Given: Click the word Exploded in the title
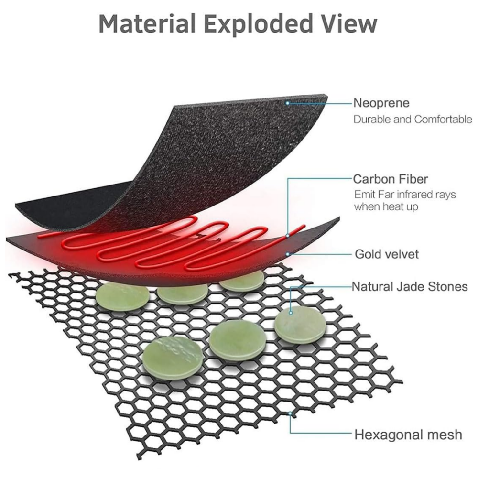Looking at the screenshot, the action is pyautogui.click(x=259, y=24).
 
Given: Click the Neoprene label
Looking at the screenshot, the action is pyautogui.click(x=381, y=103).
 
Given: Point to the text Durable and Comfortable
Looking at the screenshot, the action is pyautogui.click(x=413, y=119).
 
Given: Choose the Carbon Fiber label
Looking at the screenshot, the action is pyautogui.click(x=390, y=179).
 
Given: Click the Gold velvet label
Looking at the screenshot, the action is pyautogui.click(x=387, y=254).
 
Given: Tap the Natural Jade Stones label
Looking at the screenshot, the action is pyautogui.click(x=410, y=286).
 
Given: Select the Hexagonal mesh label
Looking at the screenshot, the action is pyautogui.click(x=408, y=435).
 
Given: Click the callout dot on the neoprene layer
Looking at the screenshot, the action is pyautogui.click(x=287, y=103).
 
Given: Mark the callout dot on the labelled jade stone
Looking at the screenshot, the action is pyautogui.click(x=291, y=313).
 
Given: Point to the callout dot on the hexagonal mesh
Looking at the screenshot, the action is pyautogui.click(x=290, y=413).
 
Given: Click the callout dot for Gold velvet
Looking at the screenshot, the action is pyautogui.click(x=287, y=254).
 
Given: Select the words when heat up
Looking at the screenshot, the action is pyautogui.click(x=386, y=206).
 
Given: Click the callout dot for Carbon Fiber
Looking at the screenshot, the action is pyautogui.click(x=287, y=236).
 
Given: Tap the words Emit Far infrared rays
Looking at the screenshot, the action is pyautogui.click(x=405, y=195).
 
